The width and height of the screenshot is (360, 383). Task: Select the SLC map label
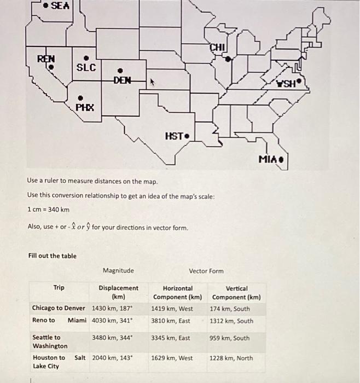[86, 67]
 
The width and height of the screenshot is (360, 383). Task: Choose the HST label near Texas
[174, 136]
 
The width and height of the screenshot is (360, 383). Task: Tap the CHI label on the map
[217, 48]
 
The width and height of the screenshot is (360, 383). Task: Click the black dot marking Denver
[120, 69]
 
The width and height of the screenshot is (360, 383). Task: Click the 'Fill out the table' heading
[52, 256]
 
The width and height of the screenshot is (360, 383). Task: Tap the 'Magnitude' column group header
[118, 271]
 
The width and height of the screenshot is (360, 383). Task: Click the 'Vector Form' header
[206, 271]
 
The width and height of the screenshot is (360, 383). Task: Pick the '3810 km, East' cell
[171, 321]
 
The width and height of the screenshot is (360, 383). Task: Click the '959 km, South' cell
[230, 338]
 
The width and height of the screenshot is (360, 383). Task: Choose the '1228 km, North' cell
[231, 358]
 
